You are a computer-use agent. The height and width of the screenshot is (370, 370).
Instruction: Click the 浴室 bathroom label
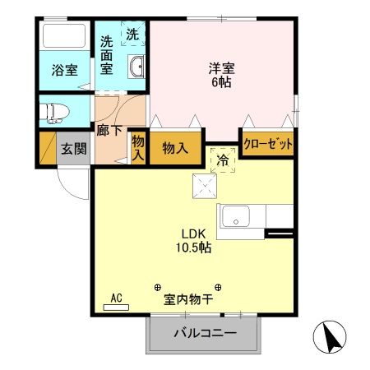66,70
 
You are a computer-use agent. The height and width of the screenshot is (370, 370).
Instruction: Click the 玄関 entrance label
72,150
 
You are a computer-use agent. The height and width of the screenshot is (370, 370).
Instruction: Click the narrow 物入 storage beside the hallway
138,149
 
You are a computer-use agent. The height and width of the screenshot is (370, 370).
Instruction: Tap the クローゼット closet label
268,144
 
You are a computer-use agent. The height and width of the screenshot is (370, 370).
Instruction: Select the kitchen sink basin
238,218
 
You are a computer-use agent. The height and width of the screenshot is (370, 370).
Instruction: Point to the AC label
116,298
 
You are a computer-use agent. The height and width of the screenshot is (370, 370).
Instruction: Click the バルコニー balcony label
205,334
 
